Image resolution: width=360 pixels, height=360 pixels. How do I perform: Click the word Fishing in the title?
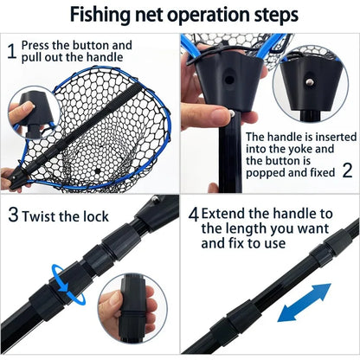pos(100,16)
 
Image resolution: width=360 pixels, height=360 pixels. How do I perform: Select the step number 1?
pos(11,51)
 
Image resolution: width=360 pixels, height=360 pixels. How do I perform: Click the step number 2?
pos(347,170)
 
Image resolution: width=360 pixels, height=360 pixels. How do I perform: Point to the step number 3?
pos(13,215)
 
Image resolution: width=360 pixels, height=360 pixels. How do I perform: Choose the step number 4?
pos(194,215)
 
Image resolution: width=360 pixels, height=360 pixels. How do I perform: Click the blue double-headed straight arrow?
pos(305,302)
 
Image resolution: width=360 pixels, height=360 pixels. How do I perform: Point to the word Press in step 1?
pos(35,45)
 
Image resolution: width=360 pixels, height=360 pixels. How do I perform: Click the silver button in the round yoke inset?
pos(309,82)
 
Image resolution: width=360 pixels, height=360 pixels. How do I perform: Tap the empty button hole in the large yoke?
pos(229,80)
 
